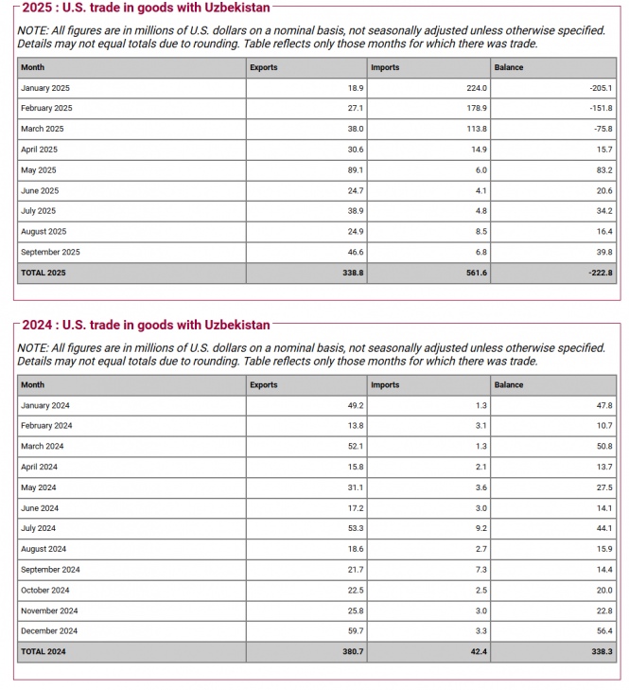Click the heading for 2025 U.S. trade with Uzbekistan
145,9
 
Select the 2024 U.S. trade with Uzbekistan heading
145,326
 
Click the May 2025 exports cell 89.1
354,170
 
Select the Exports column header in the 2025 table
263,67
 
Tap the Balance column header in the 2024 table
508,385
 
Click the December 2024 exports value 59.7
354,631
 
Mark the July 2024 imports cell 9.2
480,528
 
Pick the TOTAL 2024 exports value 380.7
352,652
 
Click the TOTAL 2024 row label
44,652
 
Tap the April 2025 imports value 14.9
478,150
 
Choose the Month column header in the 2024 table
32,385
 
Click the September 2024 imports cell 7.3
480,570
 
